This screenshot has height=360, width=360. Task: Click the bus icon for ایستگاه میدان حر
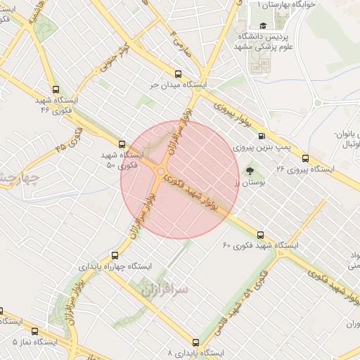[x=178, y=73]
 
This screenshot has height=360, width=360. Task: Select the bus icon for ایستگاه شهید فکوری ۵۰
[x=122, y=142]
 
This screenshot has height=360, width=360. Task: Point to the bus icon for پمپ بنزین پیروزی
[x=262, y=136]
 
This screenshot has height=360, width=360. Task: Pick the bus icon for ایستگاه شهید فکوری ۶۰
[x=261, y=235]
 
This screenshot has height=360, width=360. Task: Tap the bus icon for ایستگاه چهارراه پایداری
[x=115, y=255]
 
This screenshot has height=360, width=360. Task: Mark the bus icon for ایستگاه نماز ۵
[x=1, y=310]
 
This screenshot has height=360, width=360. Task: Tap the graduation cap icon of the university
[x=262, y=26]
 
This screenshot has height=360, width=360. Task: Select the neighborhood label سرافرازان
[x=146, y=287]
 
